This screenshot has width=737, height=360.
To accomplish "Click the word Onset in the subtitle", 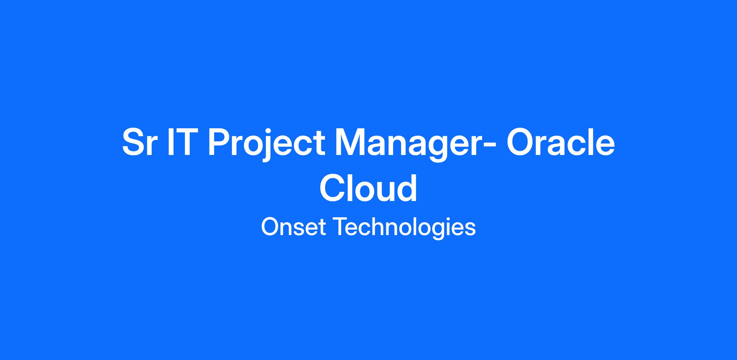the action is coord(294,227).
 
